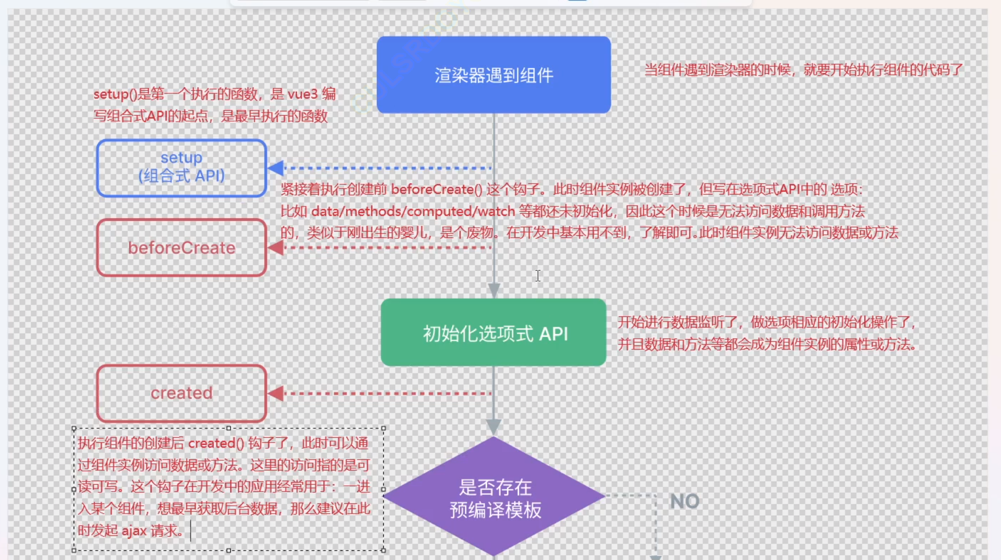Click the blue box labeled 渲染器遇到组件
pos(494,75)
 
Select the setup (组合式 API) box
pos(182,168)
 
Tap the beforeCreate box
pos(182,248)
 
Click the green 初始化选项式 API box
pos(494,333)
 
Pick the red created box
pos(182,394)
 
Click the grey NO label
pos(684,501)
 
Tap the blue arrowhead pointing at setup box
pos(275,168)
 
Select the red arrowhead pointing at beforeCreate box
pos(275,247)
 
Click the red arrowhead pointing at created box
pos(275,394)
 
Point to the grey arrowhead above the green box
pos(494,290)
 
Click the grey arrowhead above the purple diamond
pos(494,426)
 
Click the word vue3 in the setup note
pos(303,94)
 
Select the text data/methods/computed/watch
pos(413,212)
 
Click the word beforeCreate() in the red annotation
pos(436,190)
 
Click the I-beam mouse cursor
pos(538,276)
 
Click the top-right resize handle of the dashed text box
pos(383,428)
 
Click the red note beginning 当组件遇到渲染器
pos(803,70)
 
